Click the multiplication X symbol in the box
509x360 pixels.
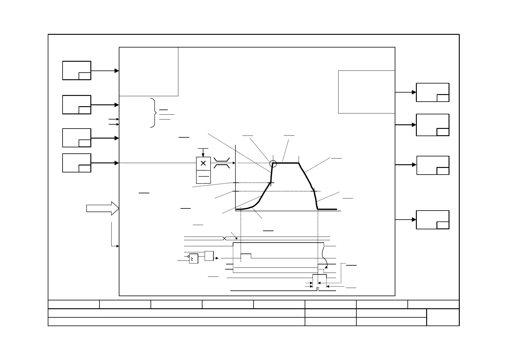coord(203,163)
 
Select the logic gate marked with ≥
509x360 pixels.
coord(193,258)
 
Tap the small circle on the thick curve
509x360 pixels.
coord(273,164)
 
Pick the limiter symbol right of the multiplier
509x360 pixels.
coord(222,163)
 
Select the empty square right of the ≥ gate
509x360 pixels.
coord(209,256)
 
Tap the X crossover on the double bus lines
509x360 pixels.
coord(224,238)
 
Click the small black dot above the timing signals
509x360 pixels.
coord(236,238)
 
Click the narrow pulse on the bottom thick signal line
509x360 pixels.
coord(318,289)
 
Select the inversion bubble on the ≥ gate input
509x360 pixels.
coord(188,256)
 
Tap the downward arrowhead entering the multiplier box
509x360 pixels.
coord(203,155)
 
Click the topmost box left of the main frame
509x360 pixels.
coord(77,70)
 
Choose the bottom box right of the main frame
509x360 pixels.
coord(433,220)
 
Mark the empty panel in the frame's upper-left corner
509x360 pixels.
coord(149,72)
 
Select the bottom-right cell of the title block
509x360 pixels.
coord(443,317)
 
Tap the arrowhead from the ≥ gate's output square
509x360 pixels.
coord(217,258)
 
